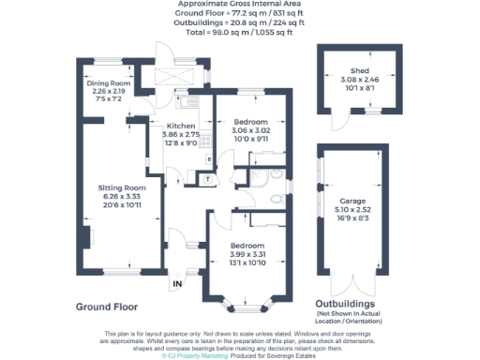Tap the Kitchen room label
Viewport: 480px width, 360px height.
pyautogui.click(x=180, y=126)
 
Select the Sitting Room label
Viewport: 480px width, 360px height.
pyautogui.click(x=123, y=188)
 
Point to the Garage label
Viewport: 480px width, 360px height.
pyautogui.click(x=352, y=201)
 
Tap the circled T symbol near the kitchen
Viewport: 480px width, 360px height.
pyautogui.click(x=205, y=178)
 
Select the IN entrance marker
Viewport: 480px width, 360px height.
pyautogui.click(x=176, y=282)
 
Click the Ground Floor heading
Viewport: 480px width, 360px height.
pyautogui.click(x=107, y=307)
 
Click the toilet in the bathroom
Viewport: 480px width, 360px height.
pyautogui.click(x=273, y=199)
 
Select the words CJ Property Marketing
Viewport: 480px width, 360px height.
pyautogui.click(x=198, y=355)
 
